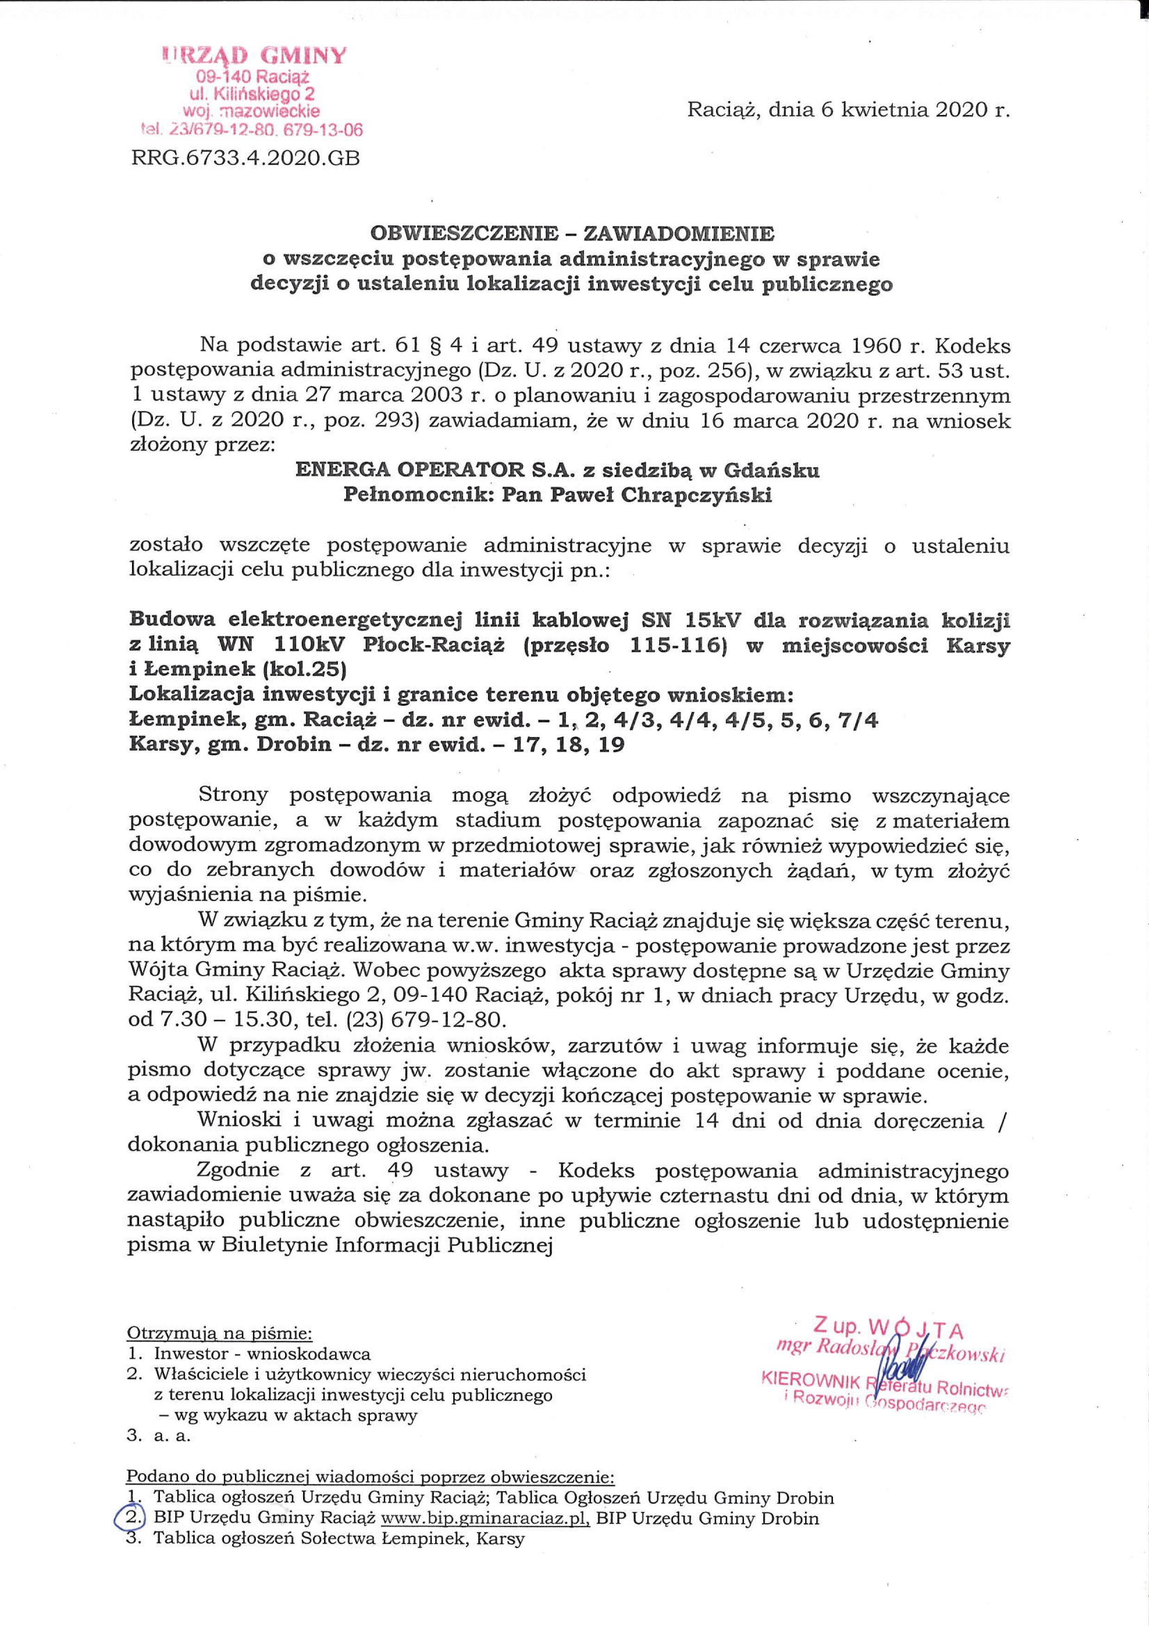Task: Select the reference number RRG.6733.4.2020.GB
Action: coord(246,158)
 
